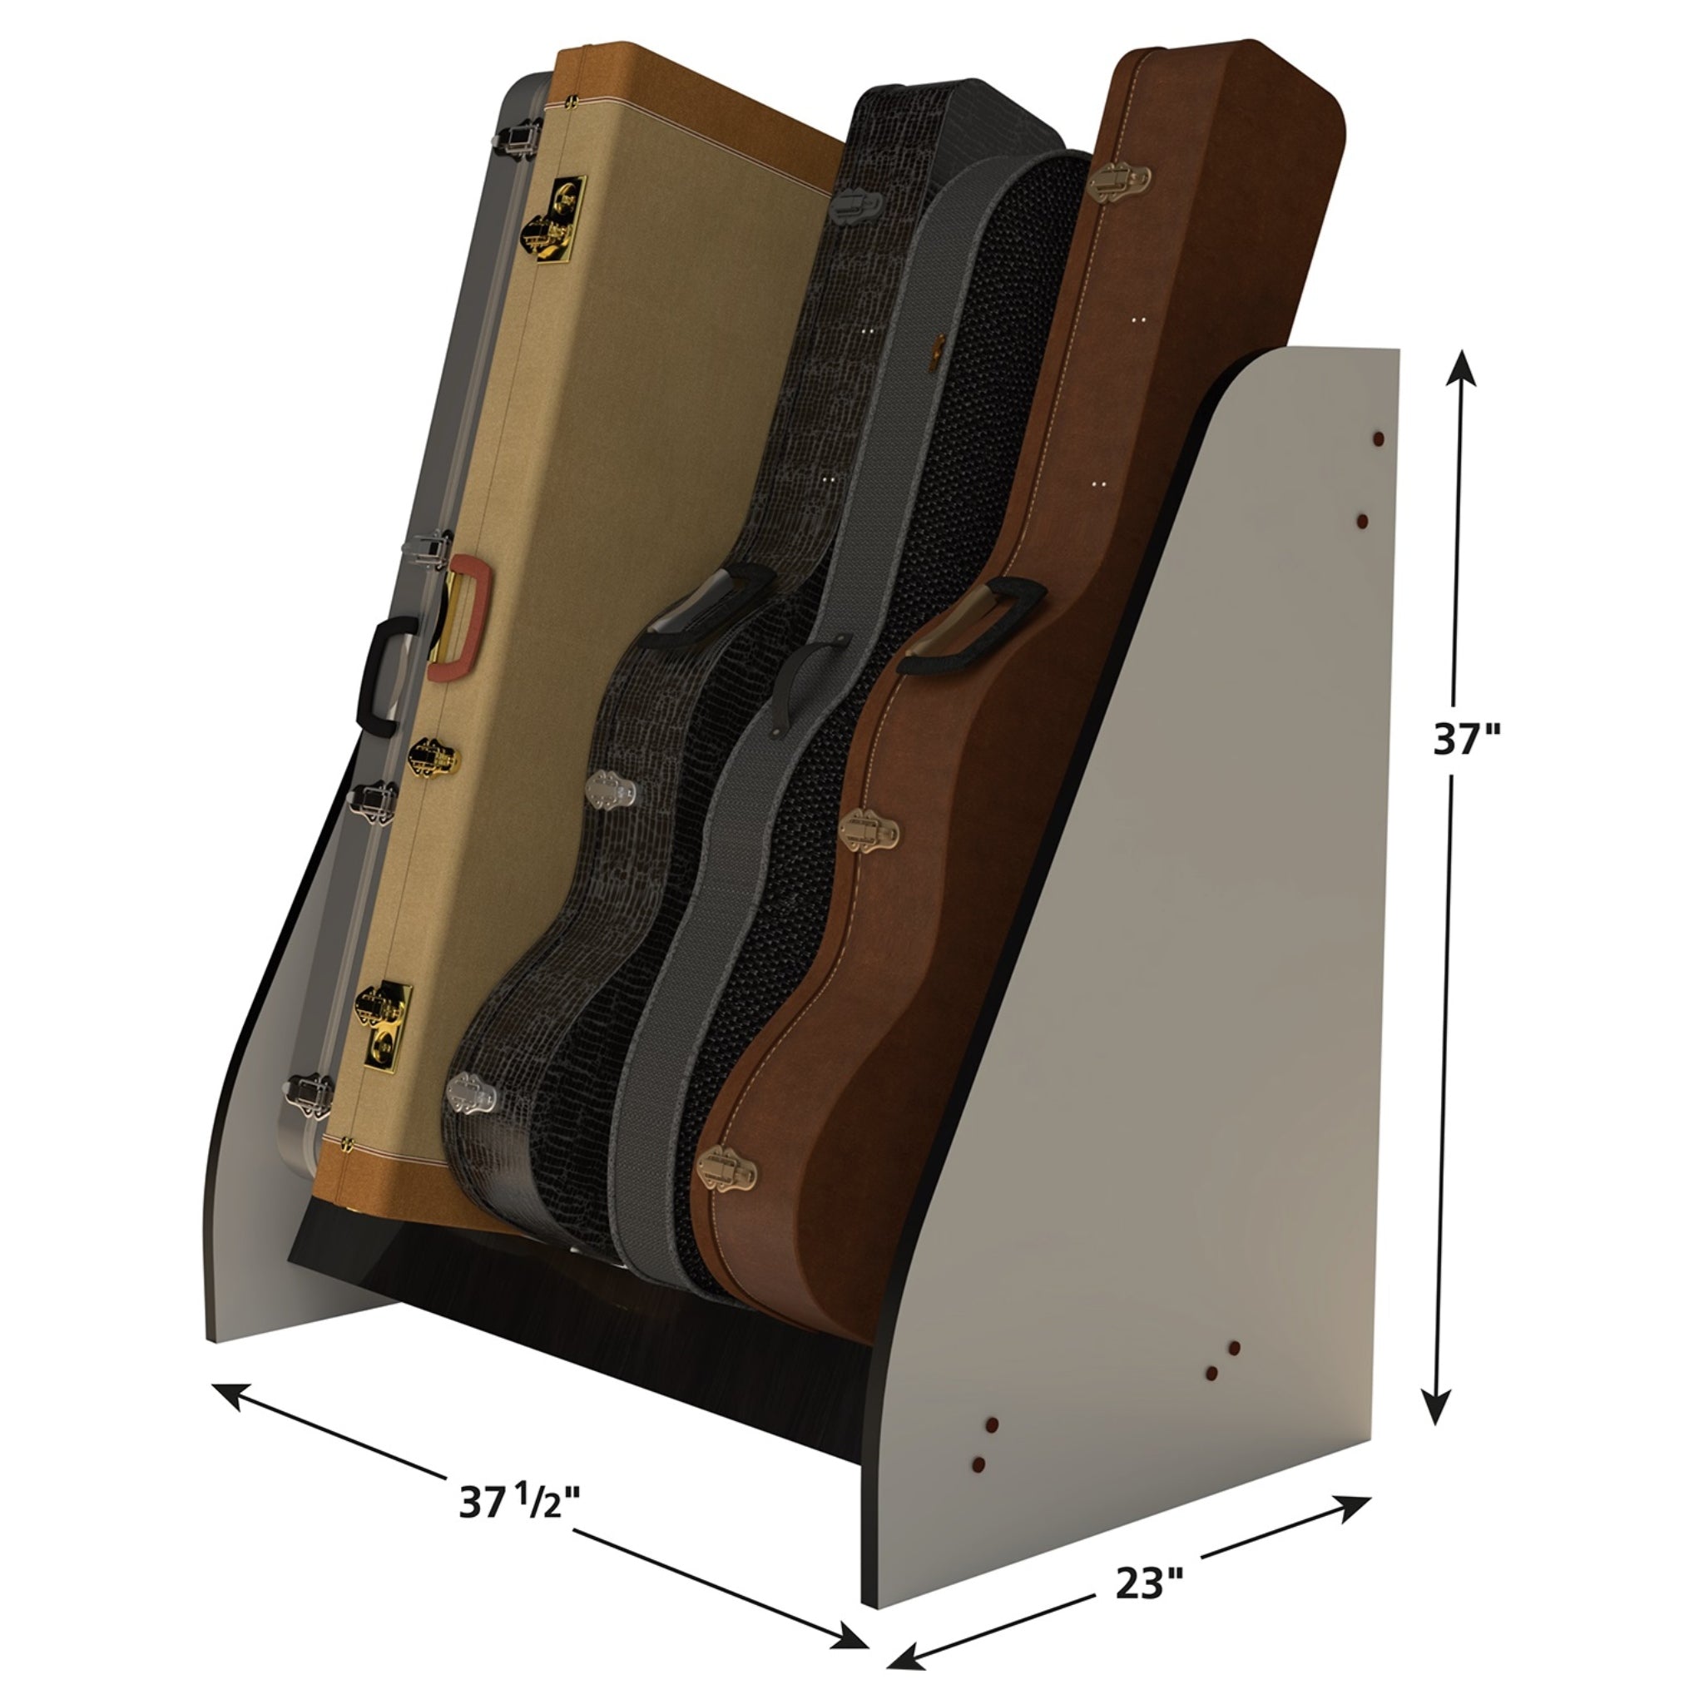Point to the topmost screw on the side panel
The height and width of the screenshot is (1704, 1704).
tap(1378, 438)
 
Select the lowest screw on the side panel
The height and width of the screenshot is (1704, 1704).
tap(978, 1464)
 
